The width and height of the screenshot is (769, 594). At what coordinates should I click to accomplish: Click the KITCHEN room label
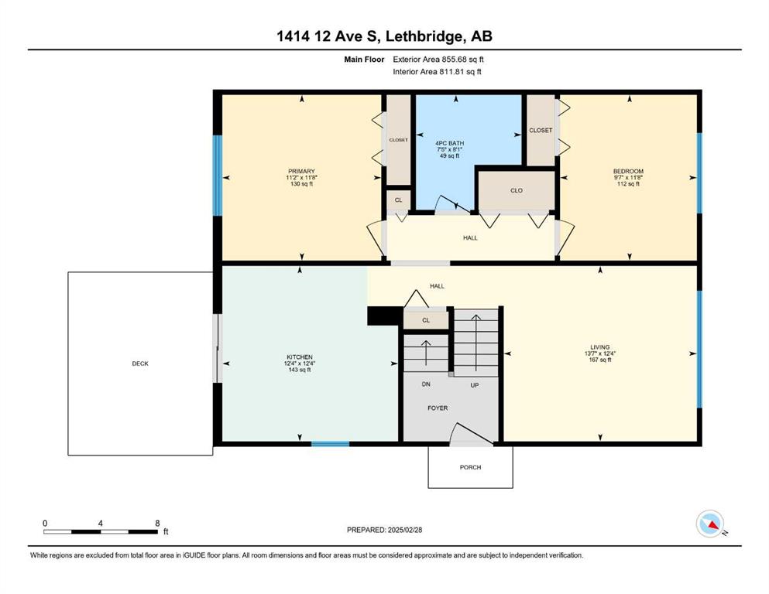[300, 357]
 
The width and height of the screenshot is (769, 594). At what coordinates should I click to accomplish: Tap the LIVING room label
[600, 347]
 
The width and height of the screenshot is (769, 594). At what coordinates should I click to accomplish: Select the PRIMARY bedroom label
[301, 172]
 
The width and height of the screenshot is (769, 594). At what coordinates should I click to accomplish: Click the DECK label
[140, 364]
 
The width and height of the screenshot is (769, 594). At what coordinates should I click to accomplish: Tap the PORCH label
[470, 467]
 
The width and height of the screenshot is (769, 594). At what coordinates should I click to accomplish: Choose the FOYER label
[438, 408]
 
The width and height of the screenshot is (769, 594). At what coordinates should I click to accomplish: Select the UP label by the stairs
[475, 385]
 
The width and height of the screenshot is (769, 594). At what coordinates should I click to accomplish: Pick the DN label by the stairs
[426, 384]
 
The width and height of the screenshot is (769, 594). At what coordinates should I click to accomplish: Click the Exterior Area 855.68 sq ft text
[438, 60]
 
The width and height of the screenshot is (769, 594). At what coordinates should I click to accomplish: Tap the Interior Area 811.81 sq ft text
[437, 71]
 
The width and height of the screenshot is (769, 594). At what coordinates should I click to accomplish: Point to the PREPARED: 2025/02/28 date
[384, 530]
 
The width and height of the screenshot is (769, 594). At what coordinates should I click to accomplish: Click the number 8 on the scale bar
[157, 523]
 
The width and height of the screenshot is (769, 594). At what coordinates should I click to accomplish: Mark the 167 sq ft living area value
[600, 360]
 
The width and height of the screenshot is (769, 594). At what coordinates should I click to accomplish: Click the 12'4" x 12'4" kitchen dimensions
[300, 364]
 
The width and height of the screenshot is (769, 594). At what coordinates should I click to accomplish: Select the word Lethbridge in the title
[424, 36]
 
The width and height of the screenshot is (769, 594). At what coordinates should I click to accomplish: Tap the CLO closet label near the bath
[517, 190]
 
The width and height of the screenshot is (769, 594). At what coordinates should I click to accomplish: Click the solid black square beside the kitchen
[384, 316]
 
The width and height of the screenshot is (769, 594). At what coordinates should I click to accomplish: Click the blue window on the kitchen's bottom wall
[330, 444]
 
